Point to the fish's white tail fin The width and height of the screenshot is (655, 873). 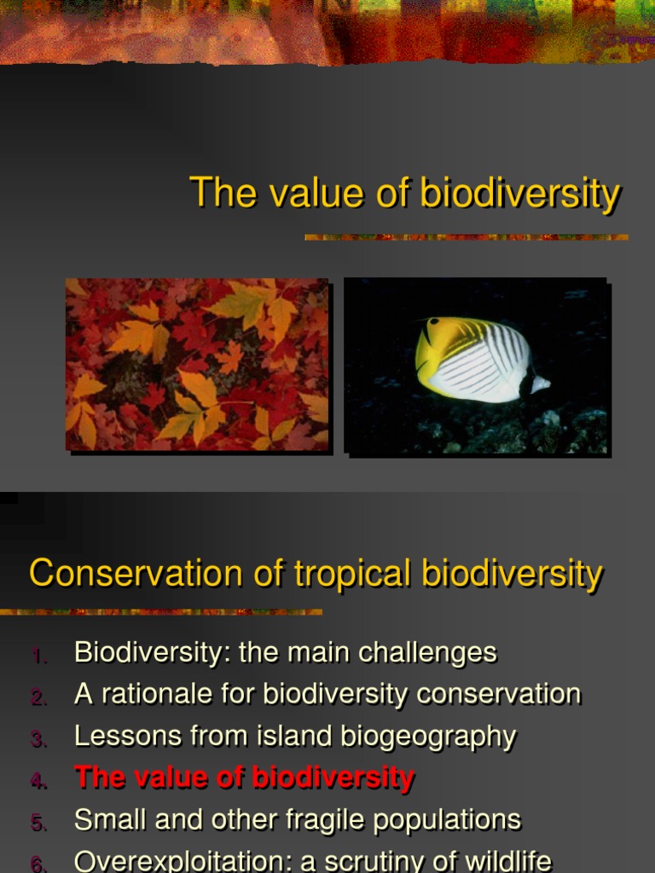click(x=539, y=384)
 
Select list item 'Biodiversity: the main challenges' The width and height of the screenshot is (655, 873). click(x=285, y=653)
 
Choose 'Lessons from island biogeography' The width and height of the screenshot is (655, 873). click(x=295, y=737)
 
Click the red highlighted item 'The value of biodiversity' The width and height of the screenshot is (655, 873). click(x=244, y=778)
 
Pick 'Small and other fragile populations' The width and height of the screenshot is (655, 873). click(x=297, y=820)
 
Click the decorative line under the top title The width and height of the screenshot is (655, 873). click(x=466, y=237)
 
